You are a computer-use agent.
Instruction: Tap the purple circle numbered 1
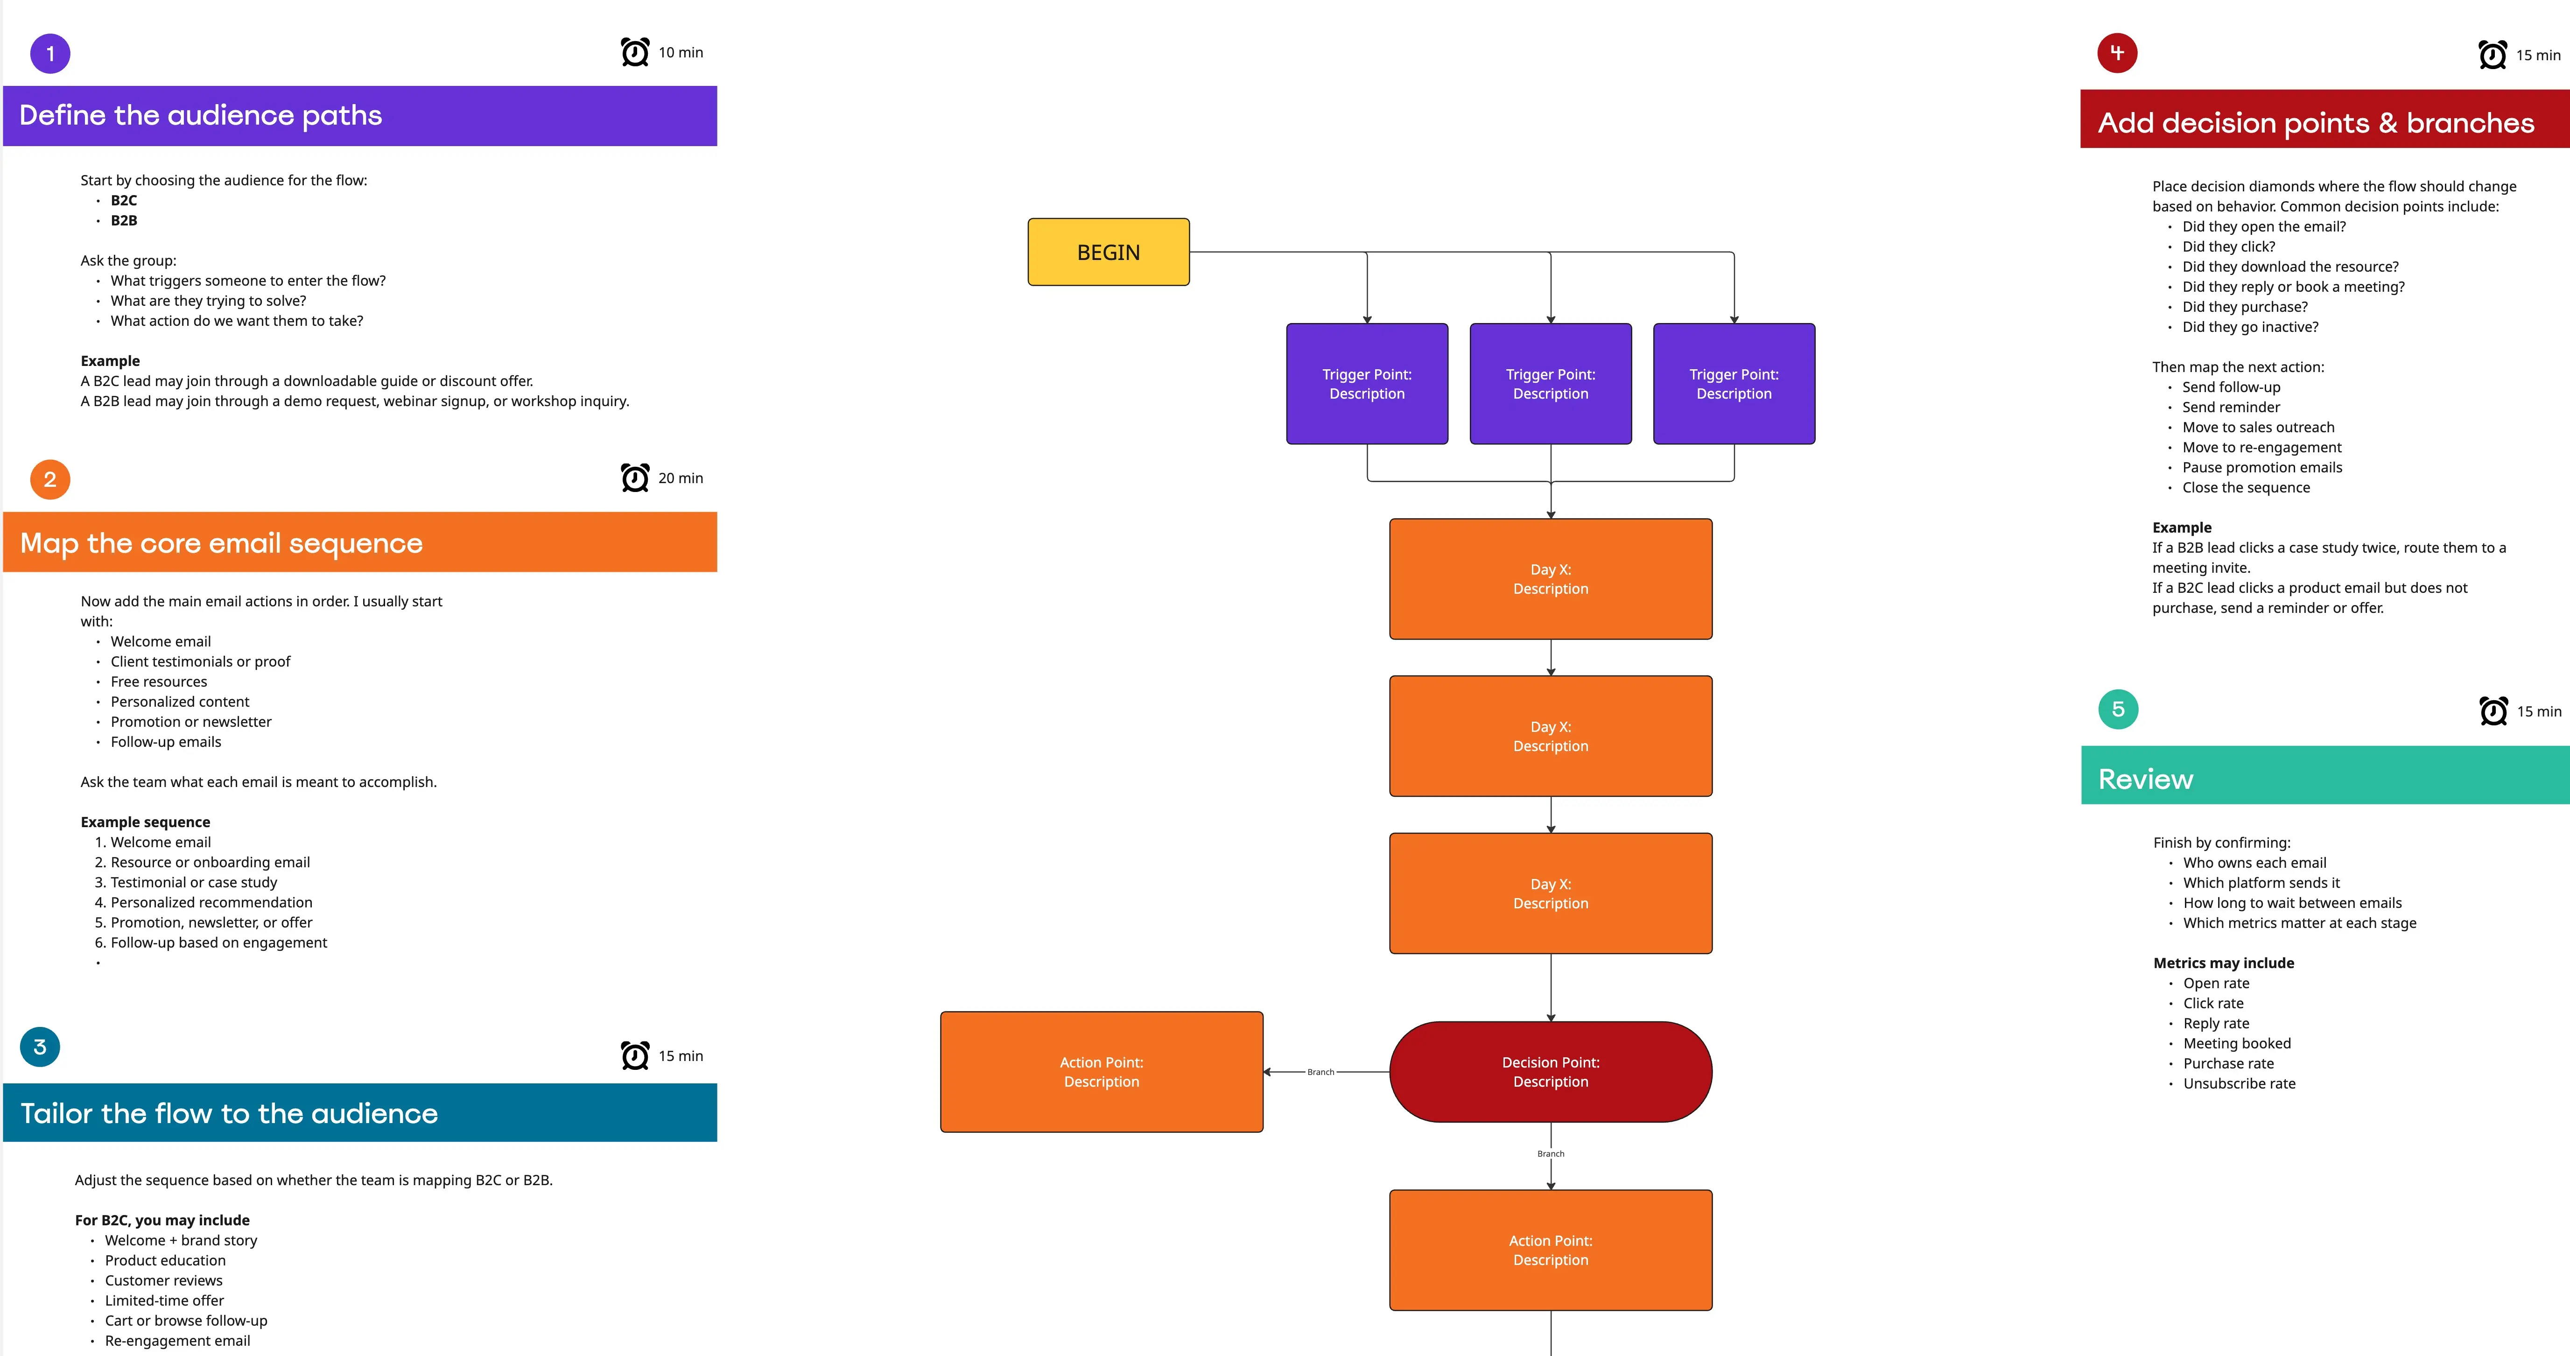pos(50,54)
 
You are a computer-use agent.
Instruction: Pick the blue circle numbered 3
pos(40,1047)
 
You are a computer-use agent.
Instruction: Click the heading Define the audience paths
pos(201,116)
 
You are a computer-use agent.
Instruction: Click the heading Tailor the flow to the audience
pos(230,1114)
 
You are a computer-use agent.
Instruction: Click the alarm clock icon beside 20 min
pos(634,478)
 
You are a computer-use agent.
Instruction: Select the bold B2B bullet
pos(124,220)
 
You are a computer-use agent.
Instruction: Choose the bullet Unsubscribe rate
pos(2239,1083)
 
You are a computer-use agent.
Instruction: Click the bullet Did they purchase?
pos(2245,307)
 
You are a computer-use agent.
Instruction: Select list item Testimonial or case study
pos(194,882)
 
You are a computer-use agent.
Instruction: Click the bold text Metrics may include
pos(2223,963)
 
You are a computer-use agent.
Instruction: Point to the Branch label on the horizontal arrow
pos(1320,1073)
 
